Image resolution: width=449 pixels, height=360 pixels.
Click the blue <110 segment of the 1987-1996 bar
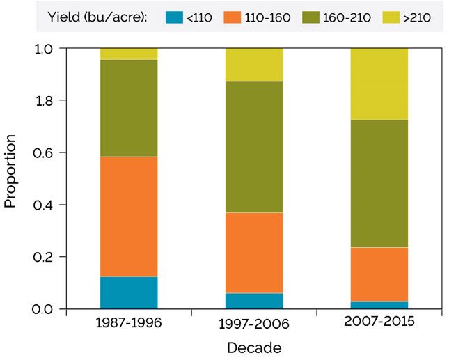(129, 292)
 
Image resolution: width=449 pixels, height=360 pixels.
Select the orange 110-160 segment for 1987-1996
(129, 217)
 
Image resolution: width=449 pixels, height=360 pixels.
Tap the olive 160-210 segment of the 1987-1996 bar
(129, 108)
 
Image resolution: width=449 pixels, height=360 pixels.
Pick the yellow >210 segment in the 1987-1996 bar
(129, 54)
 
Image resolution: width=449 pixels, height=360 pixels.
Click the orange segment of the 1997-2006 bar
(254, 253)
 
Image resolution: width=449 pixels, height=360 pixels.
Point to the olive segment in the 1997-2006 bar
(254, 147)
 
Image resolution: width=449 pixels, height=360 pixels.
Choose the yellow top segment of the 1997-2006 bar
(254, 65)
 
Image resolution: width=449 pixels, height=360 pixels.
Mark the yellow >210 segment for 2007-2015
(379, 84)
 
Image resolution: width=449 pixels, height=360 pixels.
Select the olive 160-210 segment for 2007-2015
(379, 183)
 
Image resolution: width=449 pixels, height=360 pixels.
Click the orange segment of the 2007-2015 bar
(379, 274)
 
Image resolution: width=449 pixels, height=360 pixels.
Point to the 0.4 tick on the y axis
(44, 205)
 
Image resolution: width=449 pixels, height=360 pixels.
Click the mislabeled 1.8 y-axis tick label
(44, 100)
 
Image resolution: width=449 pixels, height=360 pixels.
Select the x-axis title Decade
(254, 347)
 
